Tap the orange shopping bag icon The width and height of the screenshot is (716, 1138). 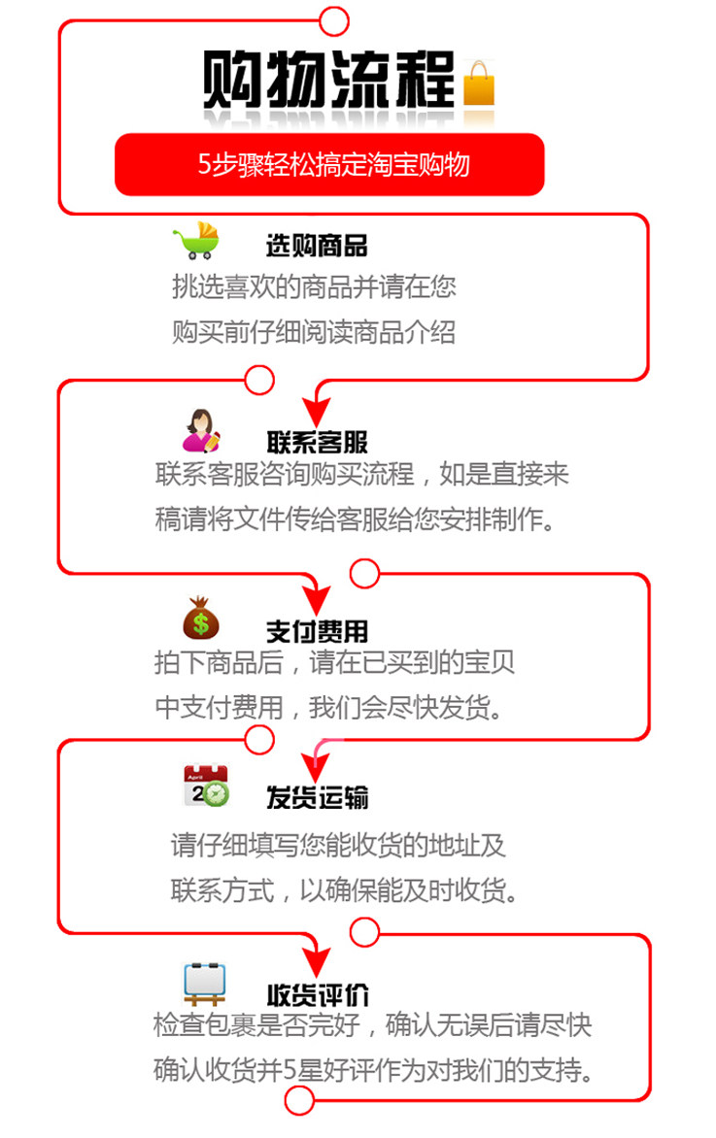click(x=479, y=84)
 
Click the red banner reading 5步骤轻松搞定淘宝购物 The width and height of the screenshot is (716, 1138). click(x=329, y=165)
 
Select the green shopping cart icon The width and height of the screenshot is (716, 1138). click(x=197, y=240)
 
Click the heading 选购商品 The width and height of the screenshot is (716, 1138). click(x=317, y=246)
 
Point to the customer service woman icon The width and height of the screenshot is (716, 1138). click(x=201, y=430)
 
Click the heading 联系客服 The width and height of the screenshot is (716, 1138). click(x=318, y=442)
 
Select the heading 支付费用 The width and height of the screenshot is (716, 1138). click(x=318, y=631)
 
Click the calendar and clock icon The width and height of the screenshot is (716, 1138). click(x=206, y=786)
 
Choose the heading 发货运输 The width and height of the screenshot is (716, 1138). click(x=318, y=797)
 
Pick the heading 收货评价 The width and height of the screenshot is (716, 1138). click(x=318, y=994)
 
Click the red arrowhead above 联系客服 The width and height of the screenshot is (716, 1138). click(x=317, y=411)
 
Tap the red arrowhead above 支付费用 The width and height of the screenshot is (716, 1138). click(x=317, y=599)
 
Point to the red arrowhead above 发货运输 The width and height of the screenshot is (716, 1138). click(x=316, y=766)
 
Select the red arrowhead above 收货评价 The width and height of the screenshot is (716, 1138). click(x=317, y=961)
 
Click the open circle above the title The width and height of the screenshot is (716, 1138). click(x=334, y=21)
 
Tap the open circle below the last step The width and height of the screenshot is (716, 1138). click(x=298, y=1101)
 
